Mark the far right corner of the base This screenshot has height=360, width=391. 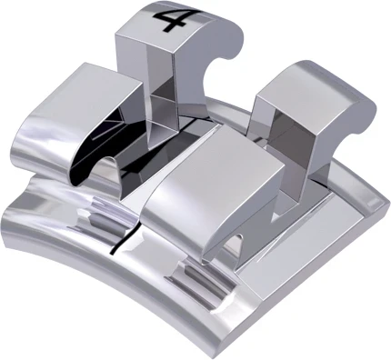click(384, 195)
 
